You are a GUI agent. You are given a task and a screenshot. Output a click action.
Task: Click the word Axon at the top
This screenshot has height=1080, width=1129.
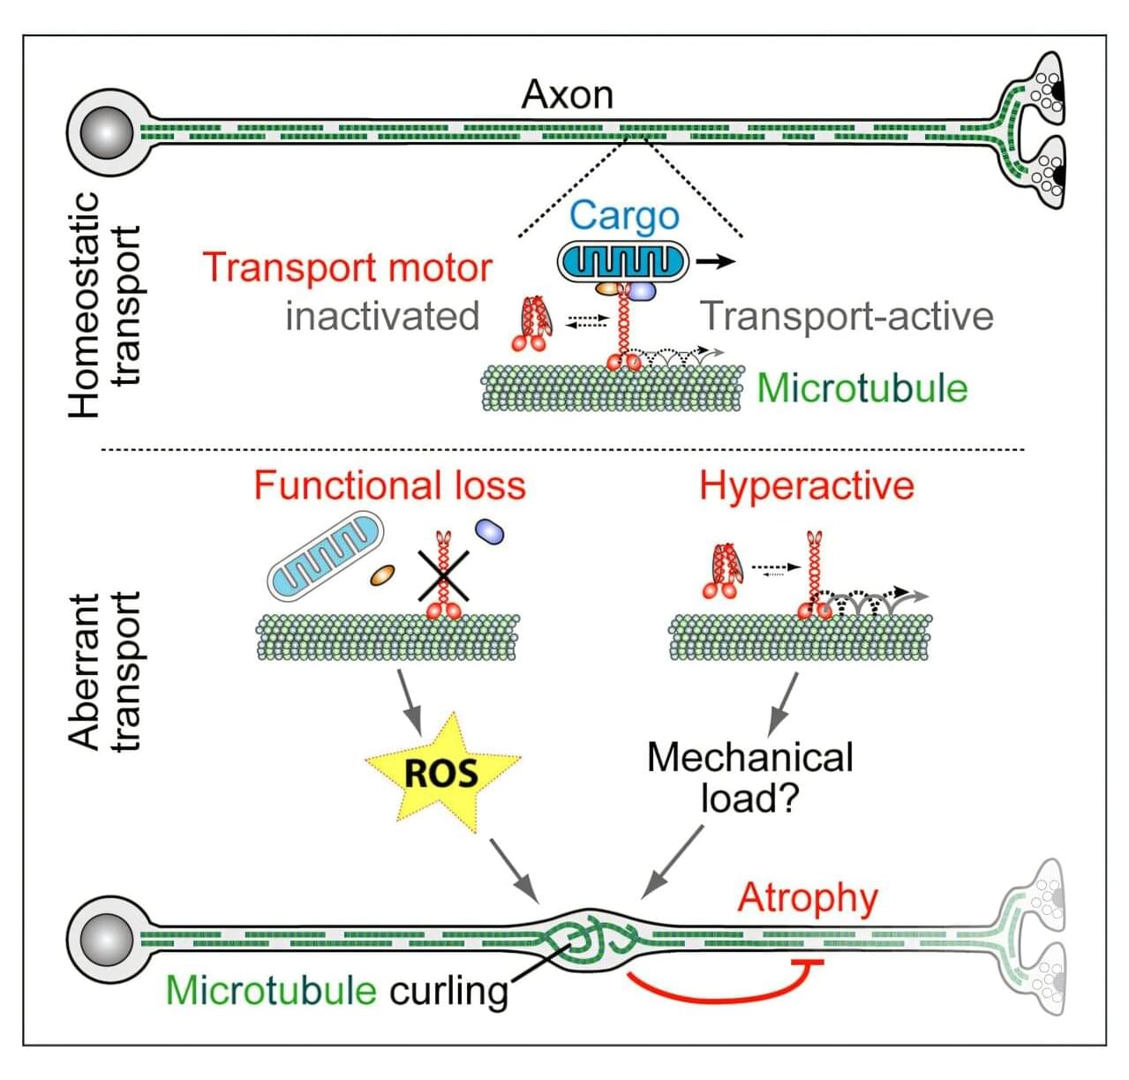pos(567,94)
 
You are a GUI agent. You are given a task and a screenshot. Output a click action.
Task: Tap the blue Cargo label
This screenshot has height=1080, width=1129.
pos(624,215)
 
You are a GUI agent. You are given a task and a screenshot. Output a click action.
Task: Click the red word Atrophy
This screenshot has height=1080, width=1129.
pos(808,898)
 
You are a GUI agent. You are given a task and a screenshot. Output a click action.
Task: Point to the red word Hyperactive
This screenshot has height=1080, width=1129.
pos(807,486)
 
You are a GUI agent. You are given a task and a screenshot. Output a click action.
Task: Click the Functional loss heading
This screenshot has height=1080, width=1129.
pos(389,486)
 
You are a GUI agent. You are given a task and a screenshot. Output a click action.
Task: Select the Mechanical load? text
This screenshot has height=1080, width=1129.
pos(750,777)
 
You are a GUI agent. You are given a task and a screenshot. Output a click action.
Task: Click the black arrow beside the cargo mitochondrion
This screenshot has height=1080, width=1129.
pos(715,261)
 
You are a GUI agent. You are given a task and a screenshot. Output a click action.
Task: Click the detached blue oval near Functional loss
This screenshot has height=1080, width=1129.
pos(489,529)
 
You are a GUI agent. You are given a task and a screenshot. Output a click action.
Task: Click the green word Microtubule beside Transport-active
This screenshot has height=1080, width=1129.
pos(862,388)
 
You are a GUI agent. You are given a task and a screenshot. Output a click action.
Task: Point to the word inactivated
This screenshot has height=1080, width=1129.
pos(382,316)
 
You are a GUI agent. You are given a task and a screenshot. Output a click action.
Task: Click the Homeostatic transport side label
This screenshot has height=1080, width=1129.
pos(104,304)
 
